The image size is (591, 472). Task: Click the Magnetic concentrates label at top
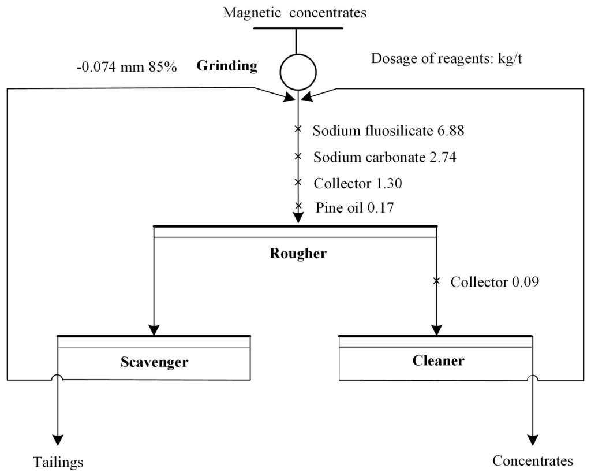click(x=295, y=12)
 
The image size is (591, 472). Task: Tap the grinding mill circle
click(x=298, y=72)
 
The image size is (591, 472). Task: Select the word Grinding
click(x=227, y=66)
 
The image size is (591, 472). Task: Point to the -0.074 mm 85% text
click(x=126, y=67)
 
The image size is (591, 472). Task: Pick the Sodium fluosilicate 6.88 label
click(x=388, y=131)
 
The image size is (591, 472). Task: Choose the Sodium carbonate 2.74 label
click(x=385, y=157)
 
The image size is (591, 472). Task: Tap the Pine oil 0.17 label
click(x=354, y=207)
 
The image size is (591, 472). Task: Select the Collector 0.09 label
click(x=495, y=283)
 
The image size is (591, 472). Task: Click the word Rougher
click(x=298, y=253)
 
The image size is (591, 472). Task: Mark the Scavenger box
click(x=154, y=362)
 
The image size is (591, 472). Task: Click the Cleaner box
click(x=438, y=361)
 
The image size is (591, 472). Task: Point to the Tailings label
click(x=58, y=462)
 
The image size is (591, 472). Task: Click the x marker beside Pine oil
click(x=298, y=206)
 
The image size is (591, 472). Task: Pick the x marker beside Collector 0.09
click(x=437, y=281)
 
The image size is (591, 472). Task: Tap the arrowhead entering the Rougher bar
click(x=298, y=218)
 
